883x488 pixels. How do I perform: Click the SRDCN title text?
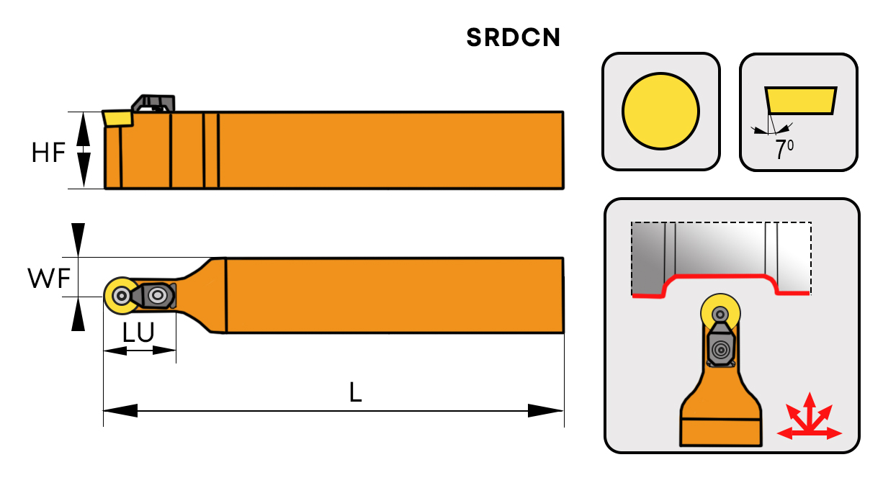[x=513, y=37]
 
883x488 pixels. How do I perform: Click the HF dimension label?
[x=48, y=153]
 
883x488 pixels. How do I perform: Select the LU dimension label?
[x=138, y=333]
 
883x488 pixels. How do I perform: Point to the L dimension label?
[x=355, y=392]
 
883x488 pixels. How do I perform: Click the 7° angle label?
[x=781, y=150]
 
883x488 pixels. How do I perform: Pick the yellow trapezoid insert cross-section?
[x=800, y=101]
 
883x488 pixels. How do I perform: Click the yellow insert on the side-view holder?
[x=117, y=117]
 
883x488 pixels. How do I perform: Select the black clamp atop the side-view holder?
[x=155, y=102]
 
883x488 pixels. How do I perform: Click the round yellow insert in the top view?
[x=119, y=295]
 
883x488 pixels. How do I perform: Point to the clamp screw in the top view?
[x=157, y=294]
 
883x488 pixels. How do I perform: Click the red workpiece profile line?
[x=720, y=276]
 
